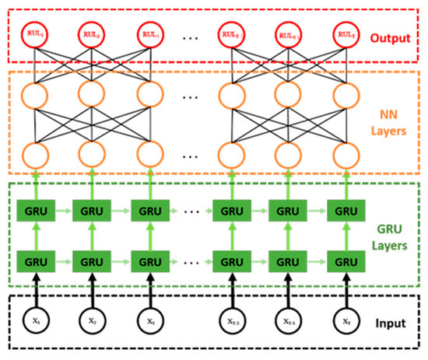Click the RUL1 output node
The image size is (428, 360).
pos(33,34)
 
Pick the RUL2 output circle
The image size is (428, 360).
pos(91,34)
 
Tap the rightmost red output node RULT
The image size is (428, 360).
pos(345,34)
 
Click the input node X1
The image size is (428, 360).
pos(33,320)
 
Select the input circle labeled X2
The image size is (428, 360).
pos(91,320)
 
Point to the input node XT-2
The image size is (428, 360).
pos(231,320)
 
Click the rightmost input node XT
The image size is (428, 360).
pos(345,320)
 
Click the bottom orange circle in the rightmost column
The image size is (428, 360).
pos(345,155)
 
